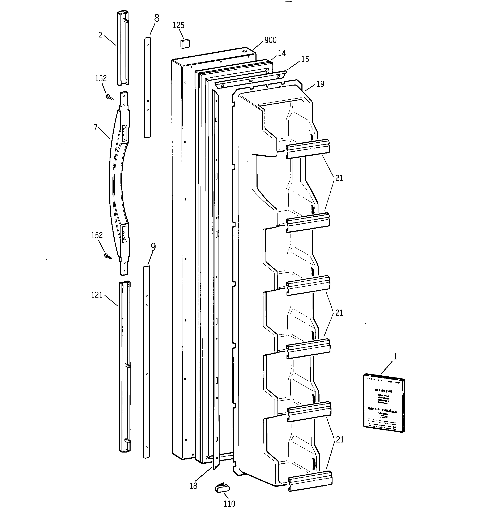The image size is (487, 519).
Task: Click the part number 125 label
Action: [179, 25]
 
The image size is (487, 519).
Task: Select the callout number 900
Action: [270, 40]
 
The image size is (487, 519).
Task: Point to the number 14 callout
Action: [281, 53]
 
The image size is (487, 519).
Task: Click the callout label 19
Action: [320, 84]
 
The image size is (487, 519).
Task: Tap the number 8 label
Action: [157, 18]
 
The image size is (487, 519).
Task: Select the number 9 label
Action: [153, 247]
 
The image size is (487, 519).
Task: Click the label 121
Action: [97, 295]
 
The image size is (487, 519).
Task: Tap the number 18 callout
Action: [194, 486]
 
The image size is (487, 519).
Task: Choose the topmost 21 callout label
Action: [339, 178]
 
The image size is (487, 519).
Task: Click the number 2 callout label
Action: [100, 35]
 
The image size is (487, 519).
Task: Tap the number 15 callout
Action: [305, 59]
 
